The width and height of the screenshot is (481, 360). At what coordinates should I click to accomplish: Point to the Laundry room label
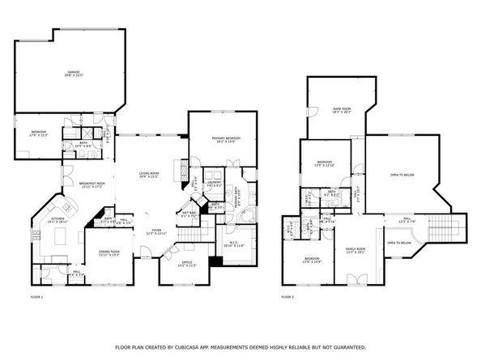(215, 184)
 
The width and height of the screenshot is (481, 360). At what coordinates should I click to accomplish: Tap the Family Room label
(355, 250)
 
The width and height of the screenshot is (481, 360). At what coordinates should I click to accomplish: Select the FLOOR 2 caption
(287, 298)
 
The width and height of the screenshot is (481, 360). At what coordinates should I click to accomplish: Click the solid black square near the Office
(215, 261)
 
